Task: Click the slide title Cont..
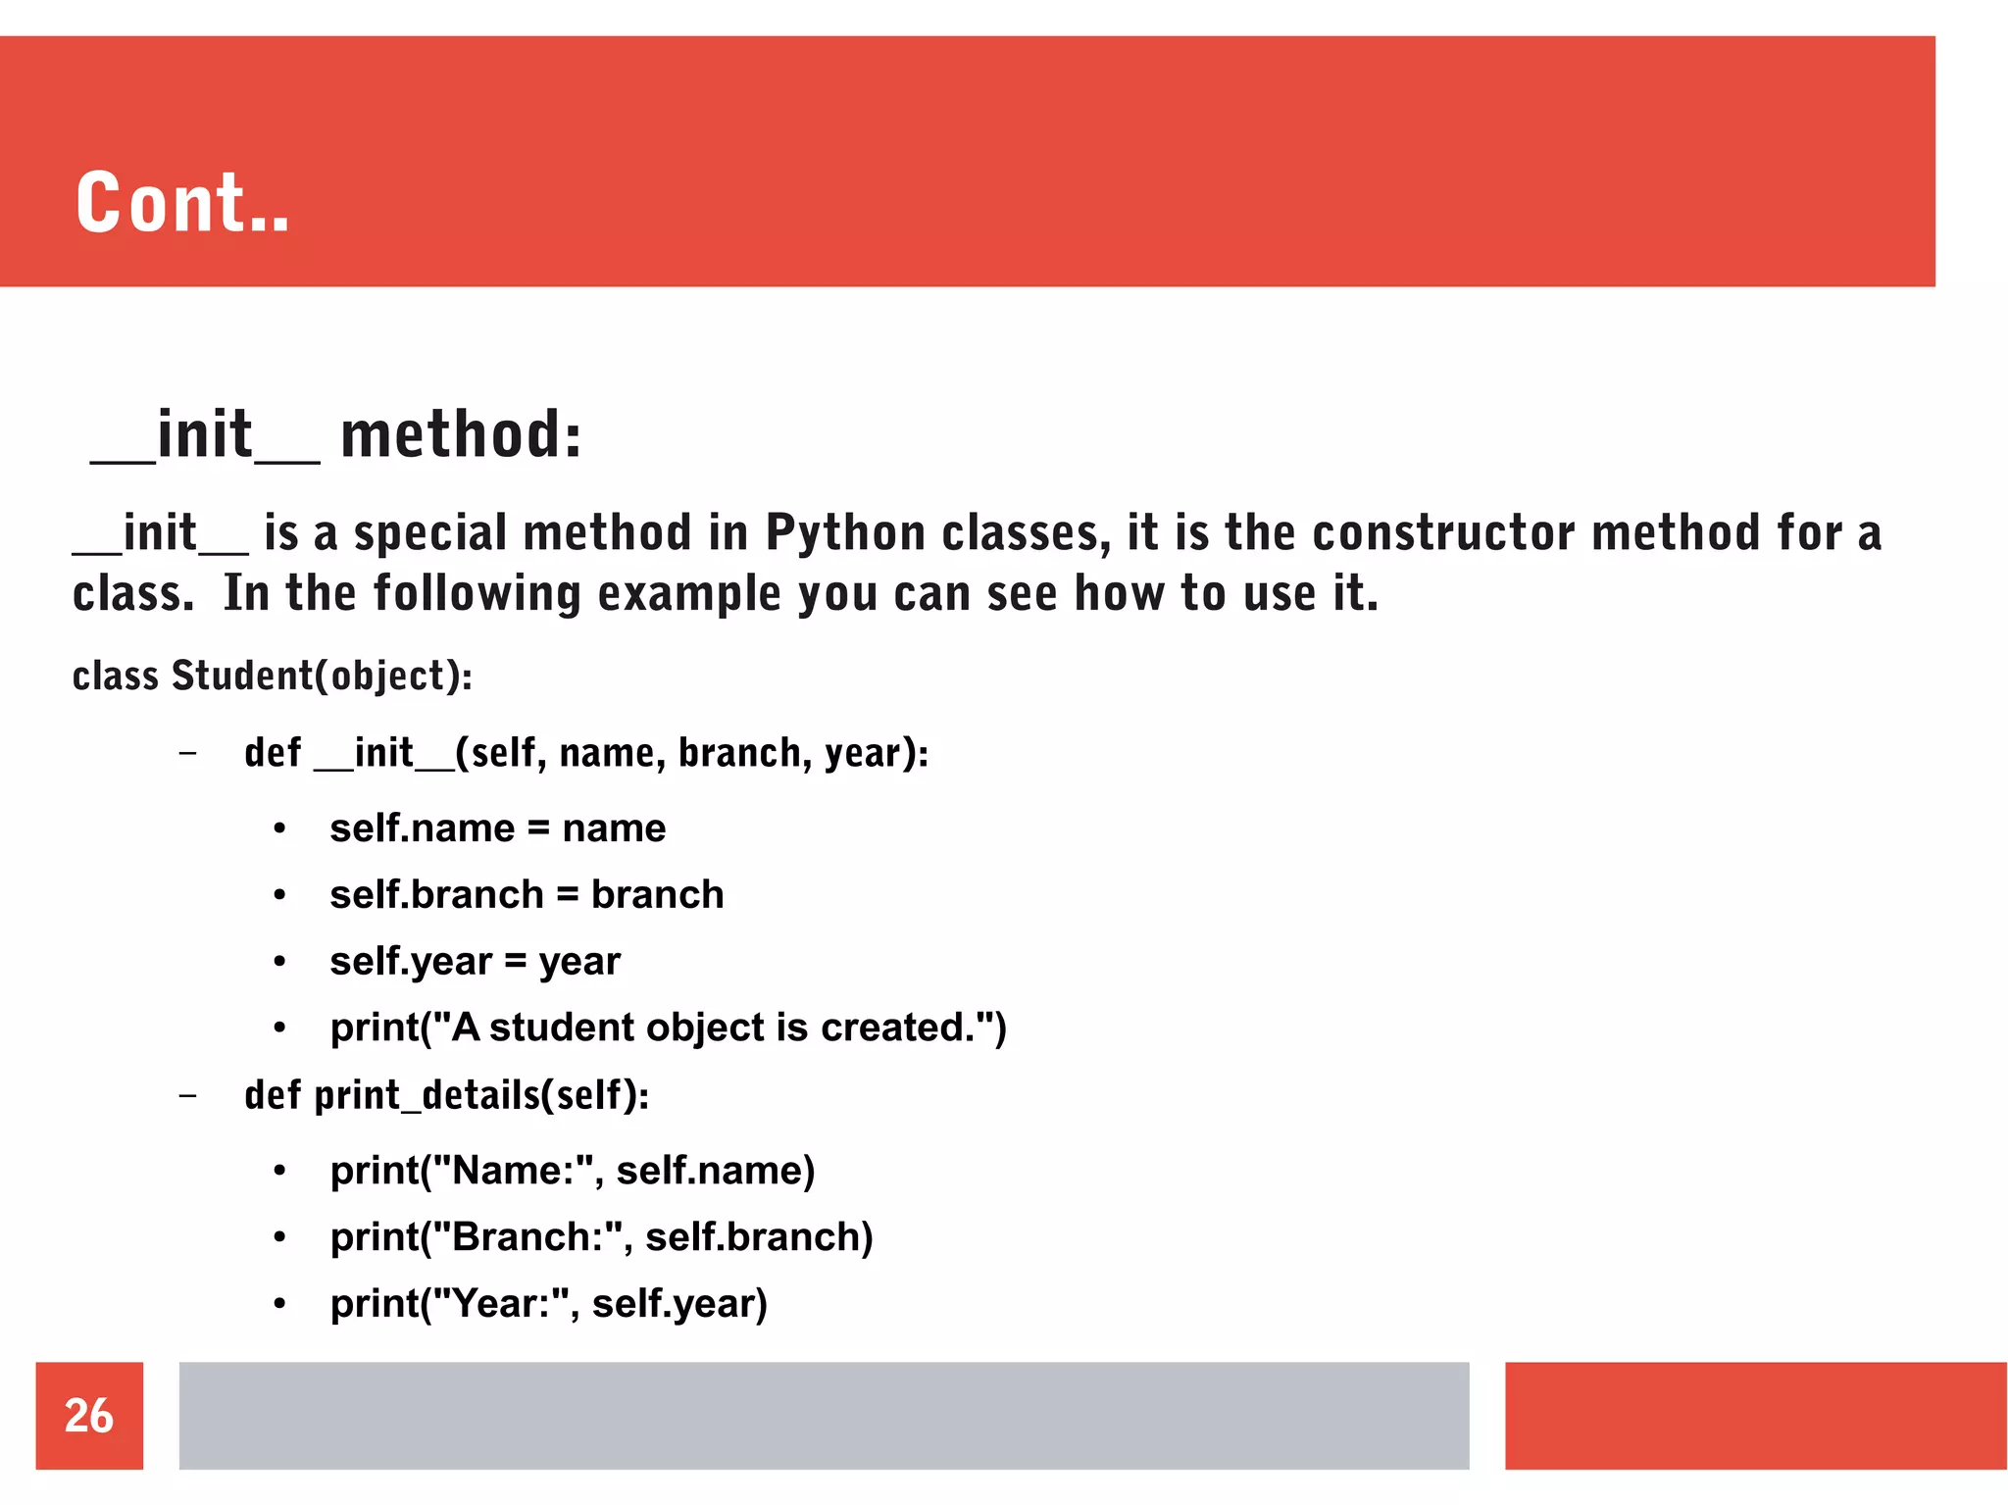coord(182,203)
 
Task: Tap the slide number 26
coord(89,1415)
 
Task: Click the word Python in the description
coord(845,534)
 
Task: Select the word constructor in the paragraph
coord(1444,534)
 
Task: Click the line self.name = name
coord(497,828)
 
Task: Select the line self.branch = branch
coord(527,895)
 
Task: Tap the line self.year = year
coord(475,962)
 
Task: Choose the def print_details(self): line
coord(446,1095)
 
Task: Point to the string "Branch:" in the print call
coord(529,1237)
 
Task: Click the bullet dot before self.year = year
coord(280,962)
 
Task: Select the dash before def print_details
coord(188,1095)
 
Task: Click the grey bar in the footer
coord(824,1415)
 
